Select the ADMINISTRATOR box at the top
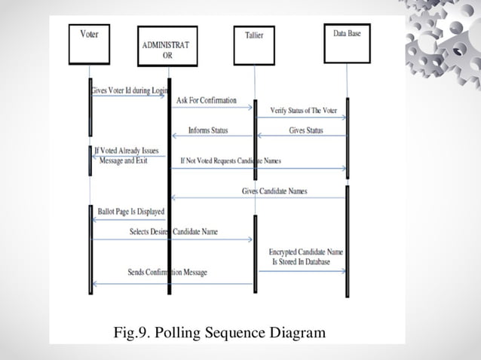(167, 46)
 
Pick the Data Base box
(347, 43)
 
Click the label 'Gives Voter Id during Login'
(128, 90)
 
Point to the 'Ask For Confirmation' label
(206, 100)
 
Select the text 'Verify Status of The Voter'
(303, 111)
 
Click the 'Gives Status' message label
(305, 130)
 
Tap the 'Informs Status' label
(207, 130)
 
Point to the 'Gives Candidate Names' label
(274, 191)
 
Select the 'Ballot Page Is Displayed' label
(130, 212)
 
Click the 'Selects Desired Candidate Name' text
(173, 231)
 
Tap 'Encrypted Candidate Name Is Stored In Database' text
(305, 256)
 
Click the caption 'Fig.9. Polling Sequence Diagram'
(219, 331)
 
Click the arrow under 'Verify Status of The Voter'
(302, 117)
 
